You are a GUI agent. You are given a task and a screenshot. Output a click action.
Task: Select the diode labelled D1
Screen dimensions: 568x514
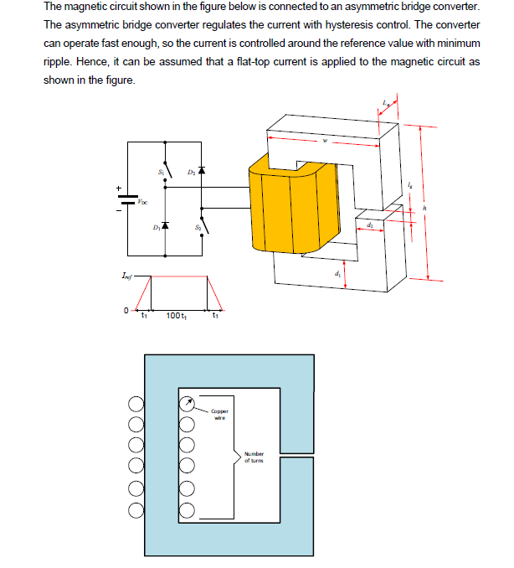[x=165, y=225]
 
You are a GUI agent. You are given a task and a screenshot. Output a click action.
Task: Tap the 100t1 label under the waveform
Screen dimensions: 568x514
[x=176, y=316]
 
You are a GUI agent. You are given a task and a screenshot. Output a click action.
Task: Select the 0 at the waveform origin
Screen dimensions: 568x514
[x=125, y=311]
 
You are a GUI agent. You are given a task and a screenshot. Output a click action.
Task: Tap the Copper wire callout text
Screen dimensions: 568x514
[x=219, y=414]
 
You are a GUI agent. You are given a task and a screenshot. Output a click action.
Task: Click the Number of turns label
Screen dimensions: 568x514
[x=254, y=457]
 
